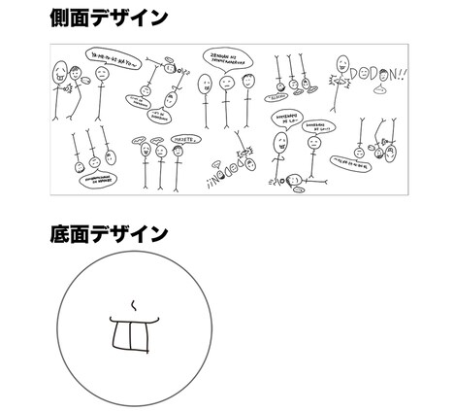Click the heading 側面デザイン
pos(108,17)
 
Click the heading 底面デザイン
pos(108,234)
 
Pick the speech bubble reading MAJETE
pos(185,139)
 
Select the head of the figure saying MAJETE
pos(178,154)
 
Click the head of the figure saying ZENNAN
pos(225,84)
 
